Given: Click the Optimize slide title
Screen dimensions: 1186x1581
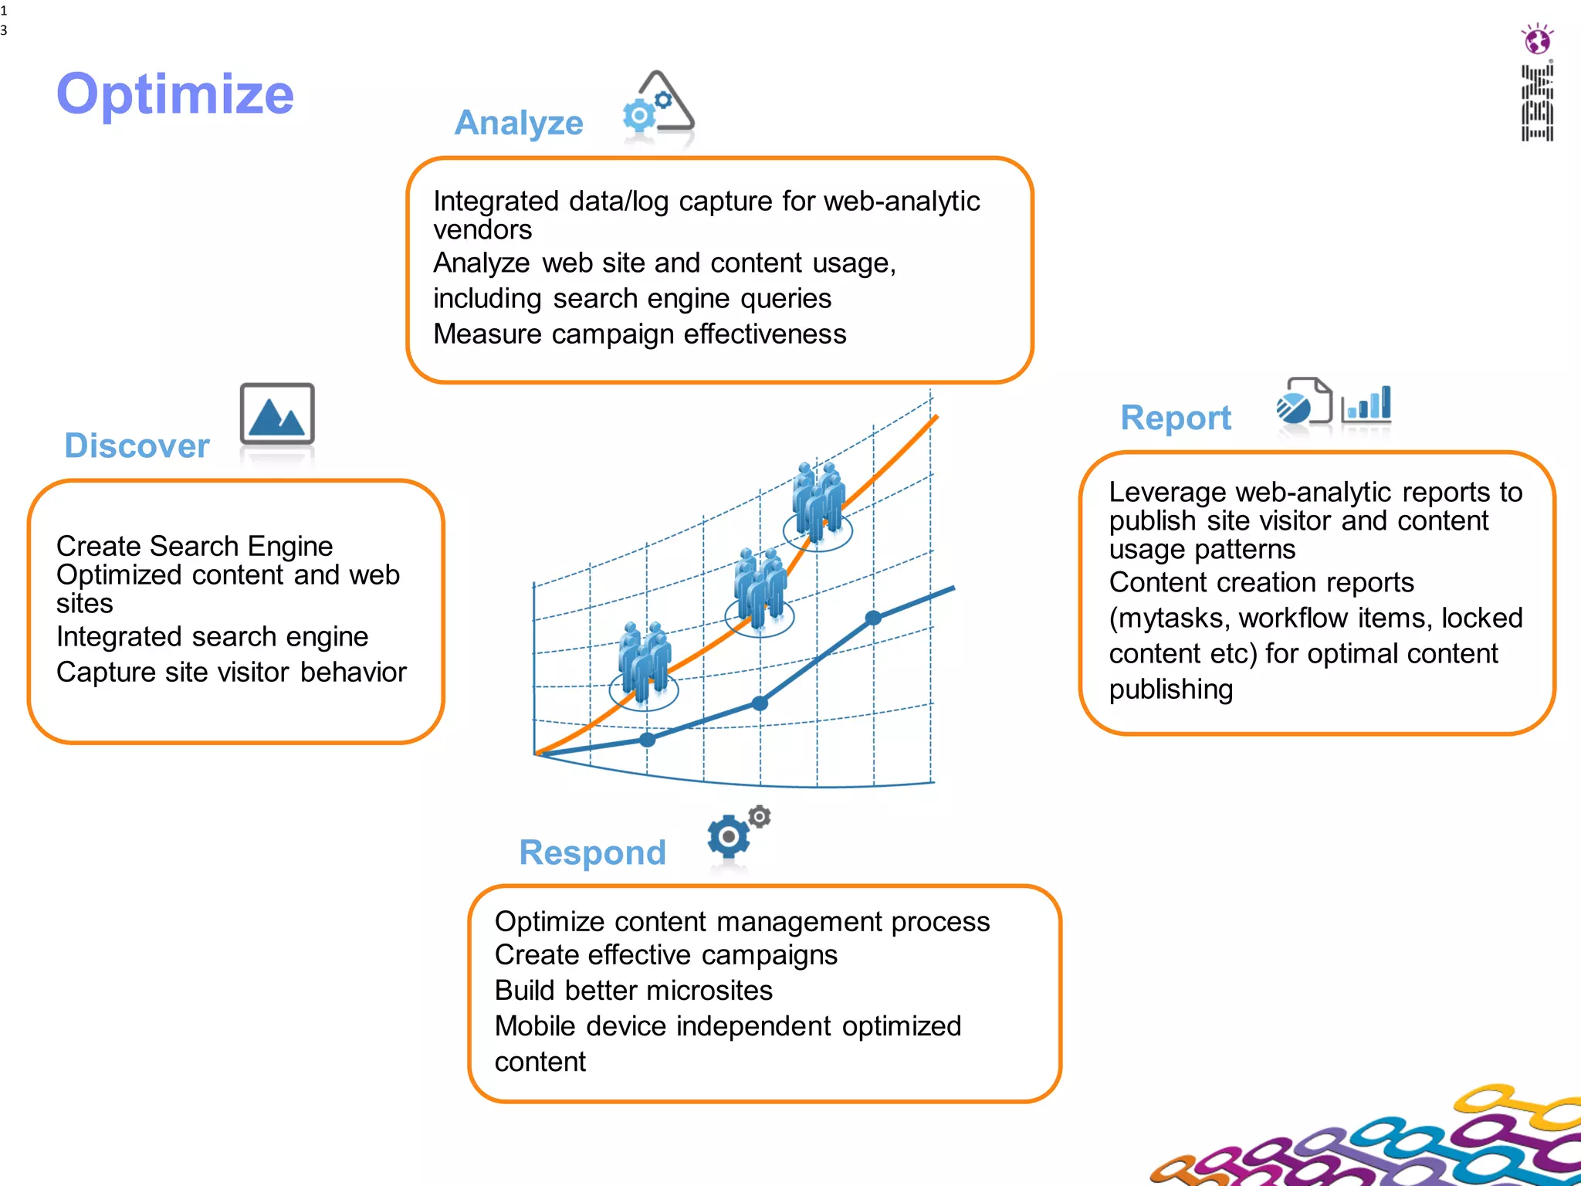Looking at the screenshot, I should [175, 94].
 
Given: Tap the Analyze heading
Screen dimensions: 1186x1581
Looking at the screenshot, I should [519, 123].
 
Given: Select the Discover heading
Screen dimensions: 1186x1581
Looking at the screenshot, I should [137, 446].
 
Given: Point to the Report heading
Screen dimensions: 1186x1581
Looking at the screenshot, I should [1175, 418].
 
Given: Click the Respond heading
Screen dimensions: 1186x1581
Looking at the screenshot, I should [592, 852].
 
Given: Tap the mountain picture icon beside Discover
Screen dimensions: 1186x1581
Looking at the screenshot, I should [277, 414].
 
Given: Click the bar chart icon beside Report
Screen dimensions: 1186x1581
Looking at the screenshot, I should [1366, 404].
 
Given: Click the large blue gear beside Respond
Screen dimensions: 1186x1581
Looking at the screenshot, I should [728, 837].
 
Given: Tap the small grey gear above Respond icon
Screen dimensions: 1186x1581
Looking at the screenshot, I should [760, 816].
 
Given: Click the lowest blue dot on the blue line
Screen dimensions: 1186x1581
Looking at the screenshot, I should [648, 740].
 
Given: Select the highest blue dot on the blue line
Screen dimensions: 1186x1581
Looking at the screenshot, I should [873, 618].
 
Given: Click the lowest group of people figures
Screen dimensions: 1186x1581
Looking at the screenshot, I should [644, 658].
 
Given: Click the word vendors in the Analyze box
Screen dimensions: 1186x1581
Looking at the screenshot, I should [482, 230].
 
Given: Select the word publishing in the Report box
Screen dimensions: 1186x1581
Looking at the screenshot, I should [1170, 690].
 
